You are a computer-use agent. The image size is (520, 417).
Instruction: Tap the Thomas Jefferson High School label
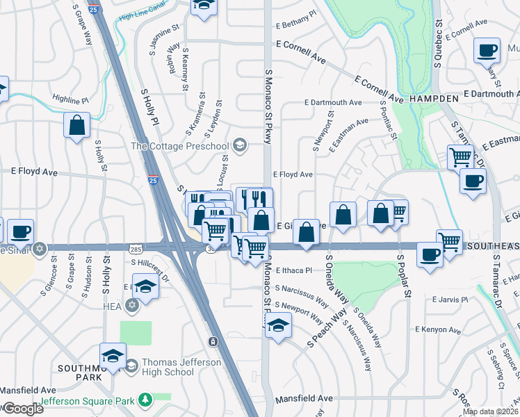[181, 367]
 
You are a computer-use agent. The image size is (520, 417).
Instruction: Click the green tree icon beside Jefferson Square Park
[145, 400]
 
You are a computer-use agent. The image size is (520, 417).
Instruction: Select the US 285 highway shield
[133, 247]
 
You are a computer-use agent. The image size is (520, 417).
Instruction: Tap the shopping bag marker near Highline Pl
[76, 126]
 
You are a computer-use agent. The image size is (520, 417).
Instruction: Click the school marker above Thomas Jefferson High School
[113, 355]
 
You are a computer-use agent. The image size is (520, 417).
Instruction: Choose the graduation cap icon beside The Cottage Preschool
[241, 145]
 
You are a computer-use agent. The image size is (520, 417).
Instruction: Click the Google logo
[23, 409]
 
